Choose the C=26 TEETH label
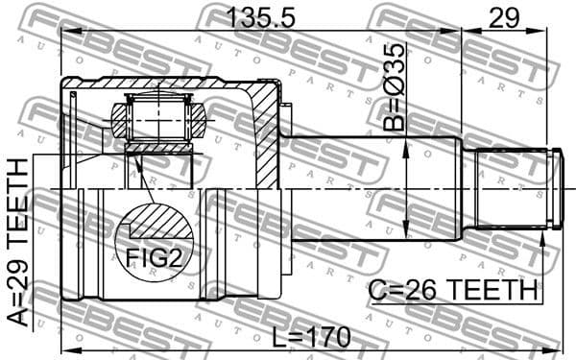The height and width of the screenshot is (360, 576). click(452, 289)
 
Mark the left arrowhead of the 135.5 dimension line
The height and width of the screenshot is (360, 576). click(65, 31)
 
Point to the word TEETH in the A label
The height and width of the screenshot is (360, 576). click(18, 197)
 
